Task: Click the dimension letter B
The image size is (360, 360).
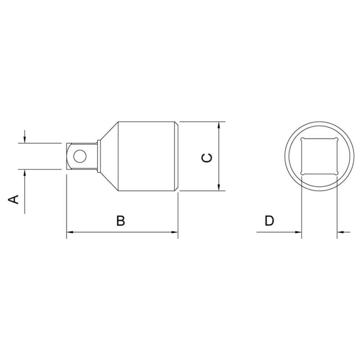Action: tap(121, 221)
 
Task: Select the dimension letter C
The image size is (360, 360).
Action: tap(207, 158)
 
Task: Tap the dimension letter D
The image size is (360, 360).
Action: tap(269, 221)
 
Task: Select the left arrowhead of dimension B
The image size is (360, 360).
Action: tap(70, 232)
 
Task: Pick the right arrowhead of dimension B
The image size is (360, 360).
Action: tap(174, 232)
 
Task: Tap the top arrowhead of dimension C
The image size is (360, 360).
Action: tap(219, 125)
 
